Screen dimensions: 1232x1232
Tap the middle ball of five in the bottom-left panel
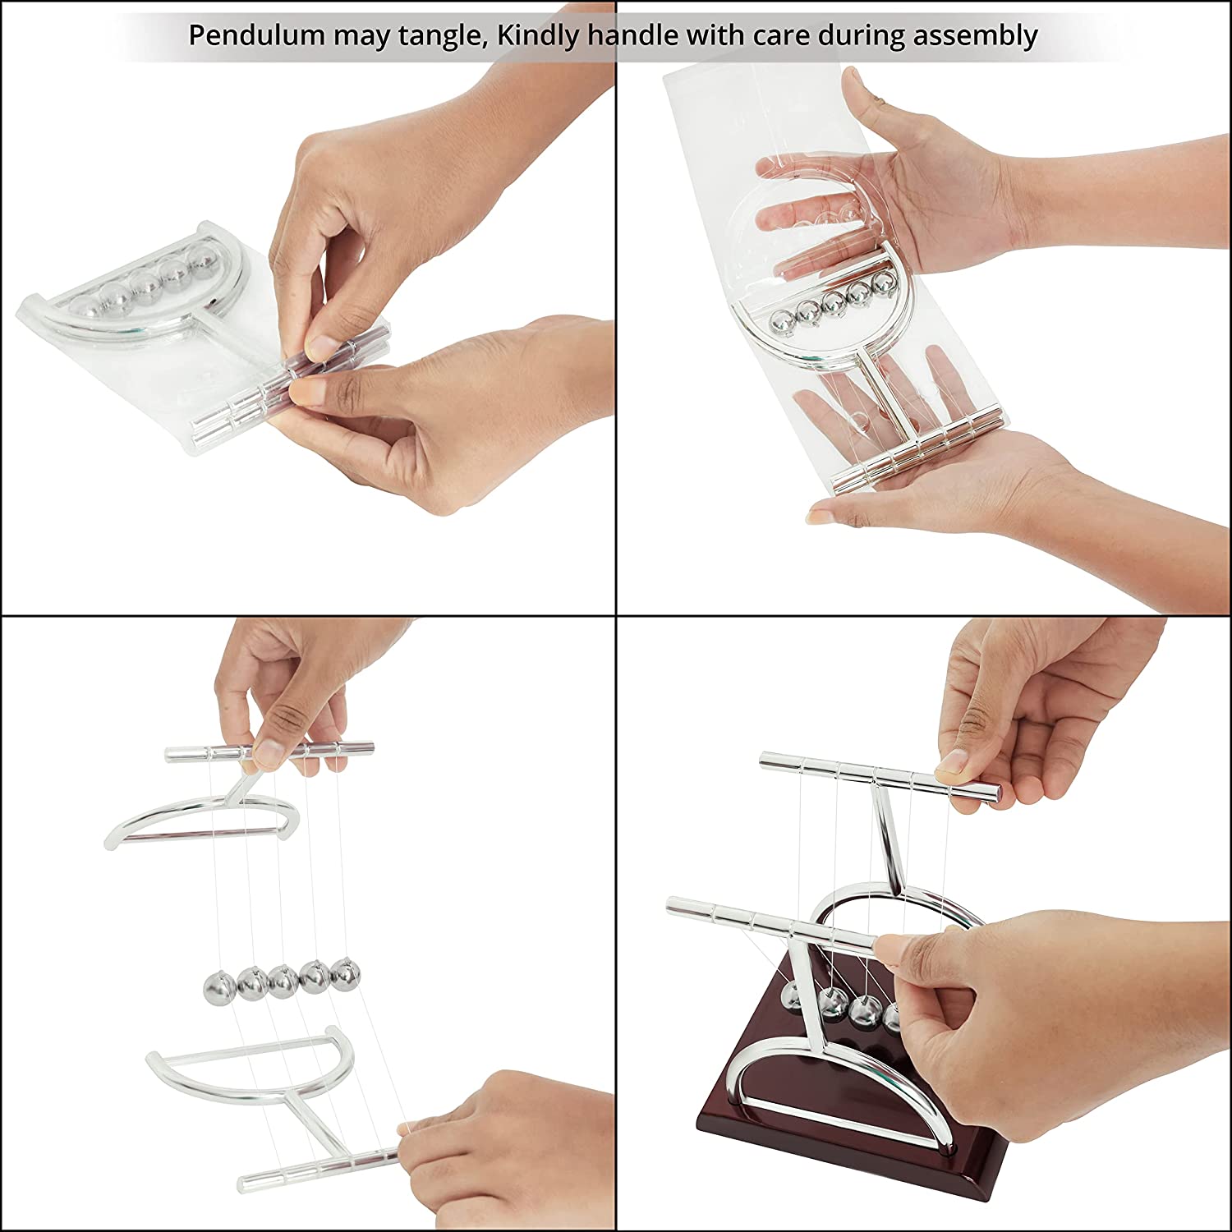pos(283,978)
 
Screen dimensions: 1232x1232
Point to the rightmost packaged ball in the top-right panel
pos(883,284)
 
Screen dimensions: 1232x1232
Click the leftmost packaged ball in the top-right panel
pos(779,317)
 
